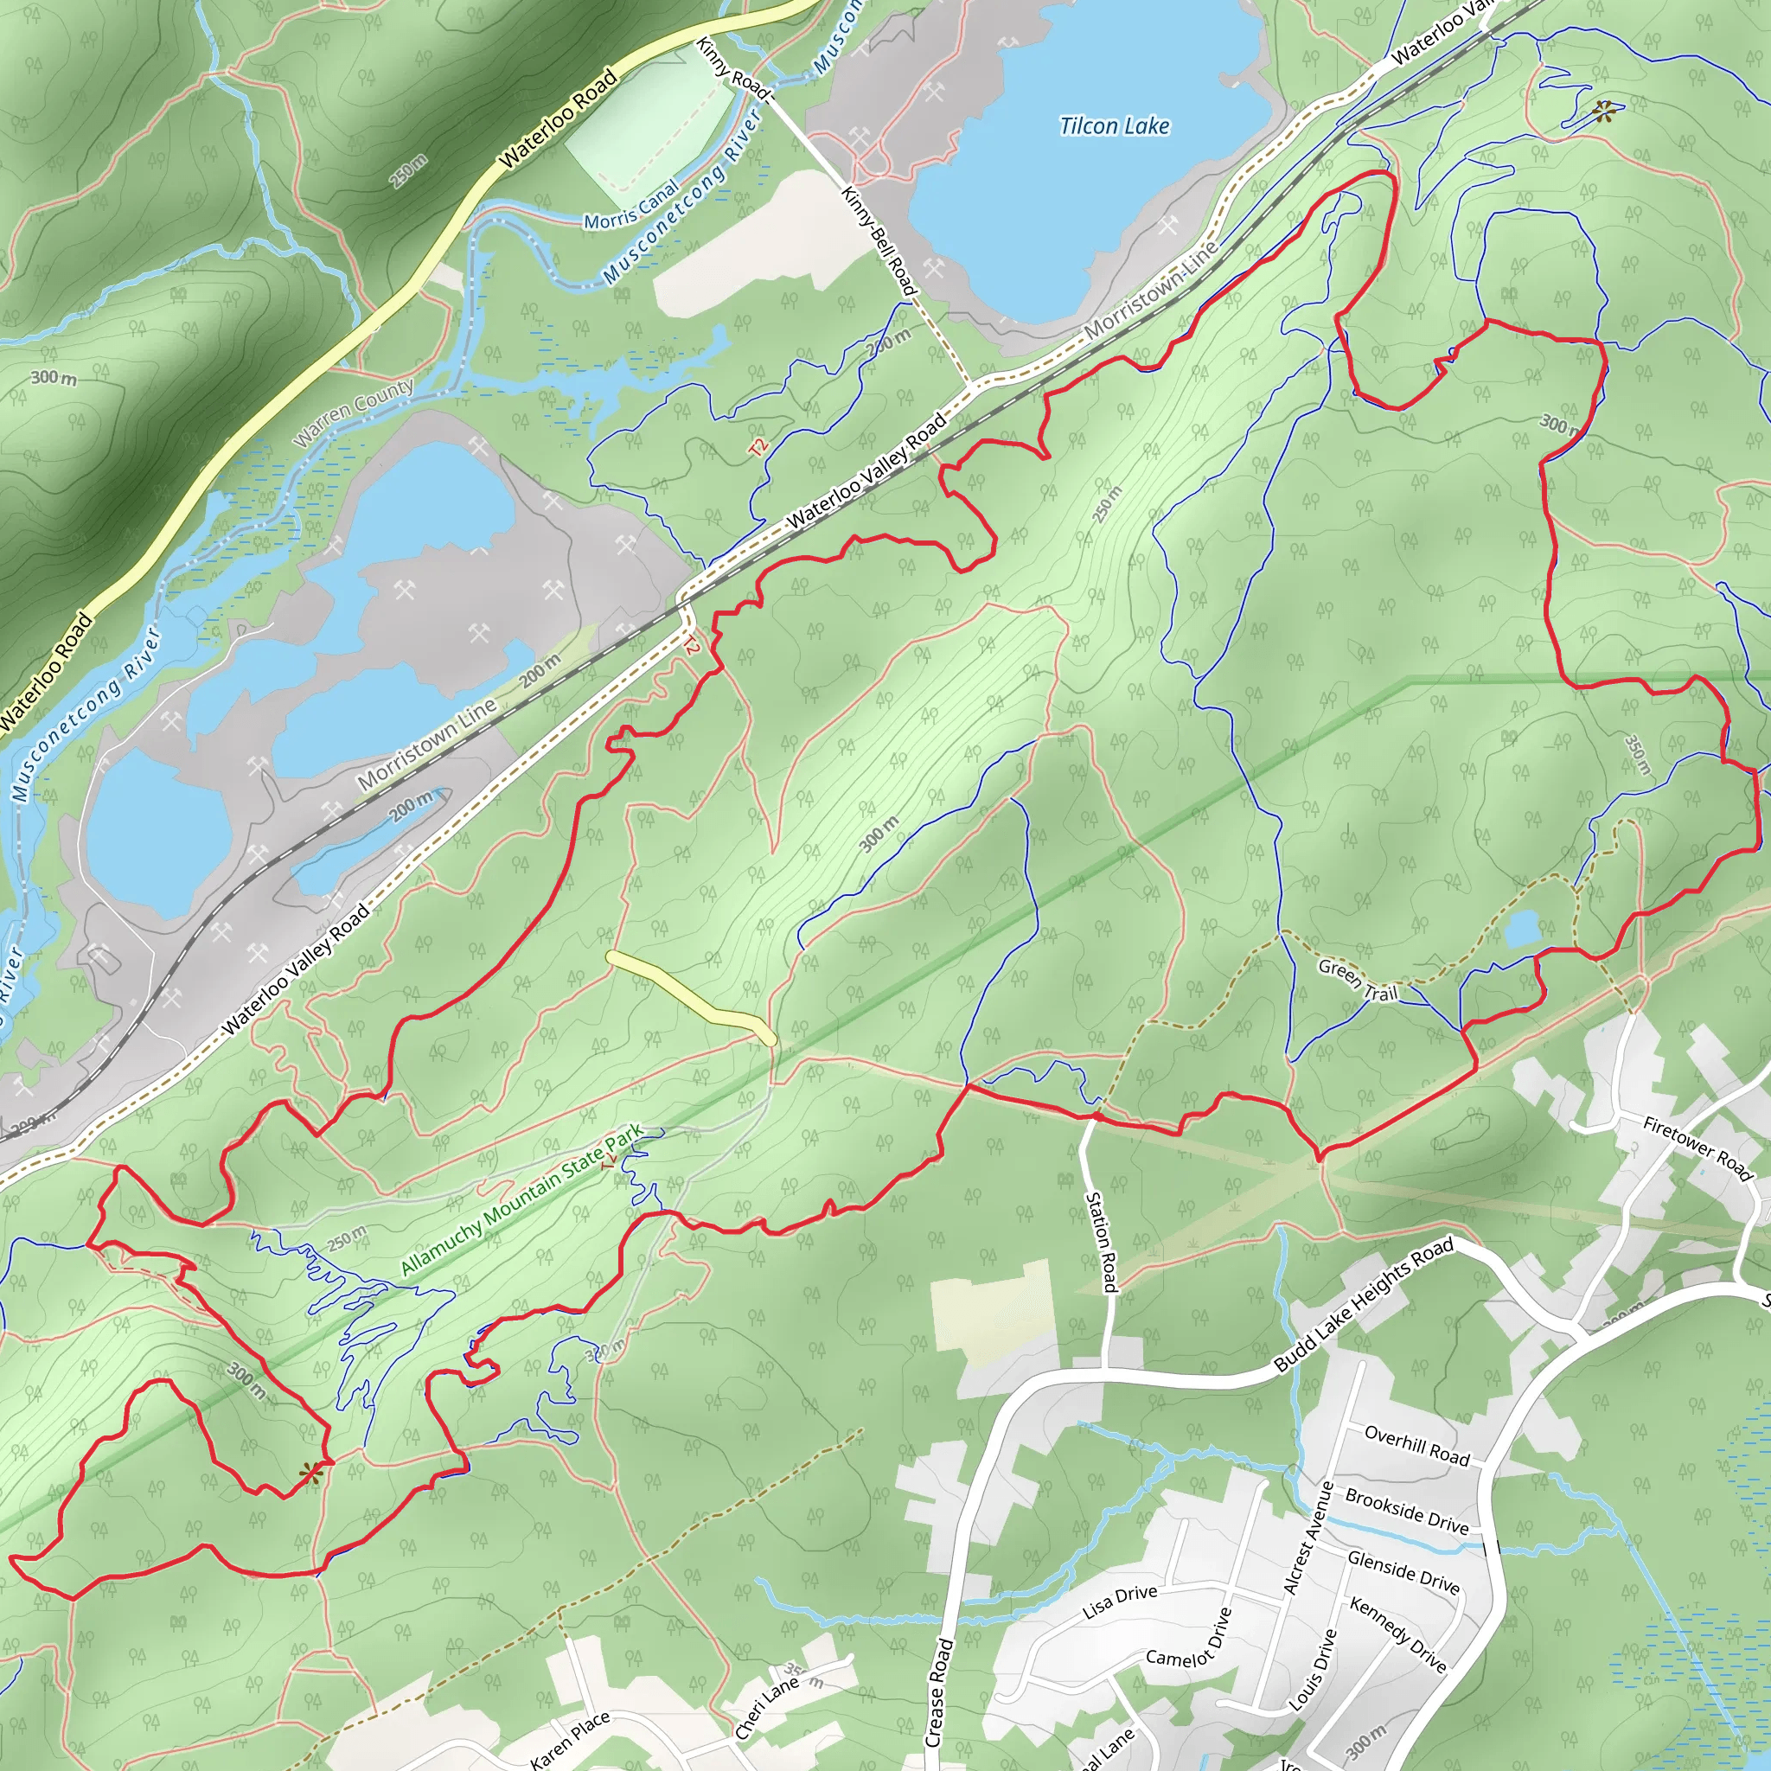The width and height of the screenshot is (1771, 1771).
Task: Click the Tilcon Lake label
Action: pyautogui.click(x=1114, y=125)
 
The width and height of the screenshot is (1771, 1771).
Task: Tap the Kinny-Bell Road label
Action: pyautogui.click(x=879, y=240)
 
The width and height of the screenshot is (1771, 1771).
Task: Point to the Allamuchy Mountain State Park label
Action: pyautogui.click(x=521, y=1200)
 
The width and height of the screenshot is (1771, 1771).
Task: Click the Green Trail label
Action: pyautogui.click(x=1358, y=979)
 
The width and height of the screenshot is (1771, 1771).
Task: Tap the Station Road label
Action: pyautogui.click(x=1101, y=1242)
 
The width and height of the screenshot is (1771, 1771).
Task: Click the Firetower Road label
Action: pyautogui.click(x=1697, y=1148)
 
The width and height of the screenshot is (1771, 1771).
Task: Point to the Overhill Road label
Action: pyautogui.click(x=1416, y=1446)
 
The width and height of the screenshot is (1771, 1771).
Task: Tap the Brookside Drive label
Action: pyautogui.click(x=1407, y=1511)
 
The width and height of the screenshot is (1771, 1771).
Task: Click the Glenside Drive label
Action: pyautogui.click(x=1403, y=1571)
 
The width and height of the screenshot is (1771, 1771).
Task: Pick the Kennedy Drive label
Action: pyautogui.click(x=1397, y=1634)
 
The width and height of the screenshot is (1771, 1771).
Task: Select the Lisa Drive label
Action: pyautogui.click(x=1119, y=1602)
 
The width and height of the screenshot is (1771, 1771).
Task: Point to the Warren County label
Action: pyautogui.click(x=353, y=412)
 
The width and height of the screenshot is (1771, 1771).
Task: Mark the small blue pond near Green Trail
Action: pyautogui.click(x=1523, y=929)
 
